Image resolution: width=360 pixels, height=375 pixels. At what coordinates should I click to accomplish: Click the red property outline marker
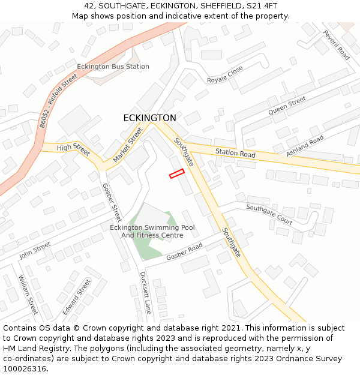coord(176,173)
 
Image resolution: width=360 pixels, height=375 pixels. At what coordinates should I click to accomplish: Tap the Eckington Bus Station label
coord(113,67)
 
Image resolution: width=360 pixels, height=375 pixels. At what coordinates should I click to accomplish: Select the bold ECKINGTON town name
coord(149,118)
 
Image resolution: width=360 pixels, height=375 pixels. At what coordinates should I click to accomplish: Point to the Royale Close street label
coord(225,75)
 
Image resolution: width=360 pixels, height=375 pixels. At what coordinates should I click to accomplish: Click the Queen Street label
coord(287,106)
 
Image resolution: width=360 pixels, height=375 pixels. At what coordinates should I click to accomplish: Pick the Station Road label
coord(235,154)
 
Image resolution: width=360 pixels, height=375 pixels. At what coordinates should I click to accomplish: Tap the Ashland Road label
coord(305,146)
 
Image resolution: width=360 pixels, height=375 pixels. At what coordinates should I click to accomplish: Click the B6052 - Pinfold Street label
coord(59,100)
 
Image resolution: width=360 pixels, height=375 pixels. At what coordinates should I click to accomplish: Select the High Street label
coord(73,149)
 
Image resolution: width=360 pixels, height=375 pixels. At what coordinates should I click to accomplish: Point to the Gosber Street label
coord(112,202)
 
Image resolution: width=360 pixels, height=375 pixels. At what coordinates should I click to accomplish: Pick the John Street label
coord(35,250)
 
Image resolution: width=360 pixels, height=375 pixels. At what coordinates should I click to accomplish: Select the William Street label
coord(28,295)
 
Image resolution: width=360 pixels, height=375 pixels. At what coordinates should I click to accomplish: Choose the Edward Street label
coord(77,296)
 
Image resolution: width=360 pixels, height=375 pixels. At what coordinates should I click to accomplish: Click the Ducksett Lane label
coord(145,293)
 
